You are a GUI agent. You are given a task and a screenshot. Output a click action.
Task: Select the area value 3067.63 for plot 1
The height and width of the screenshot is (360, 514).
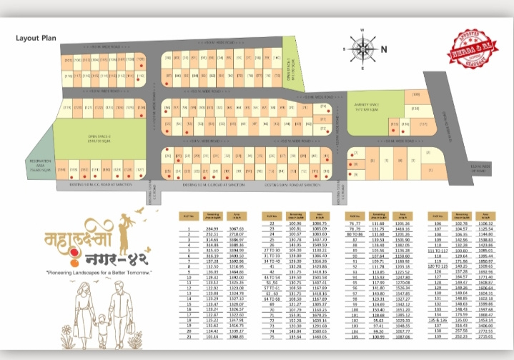[238, 227]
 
